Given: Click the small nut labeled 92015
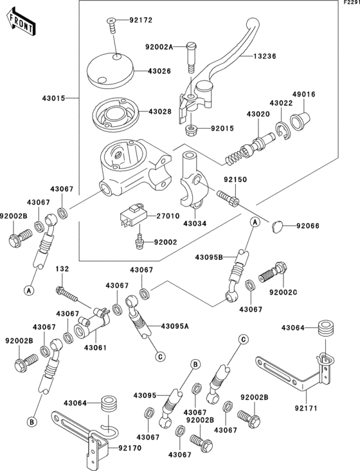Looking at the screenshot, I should [190, 131].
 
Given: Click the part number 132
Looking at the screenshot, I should [62, 268].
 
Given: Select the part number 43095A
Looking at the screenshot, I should [174, 326].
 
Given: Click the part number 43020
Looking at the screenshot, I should [257, 113].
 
